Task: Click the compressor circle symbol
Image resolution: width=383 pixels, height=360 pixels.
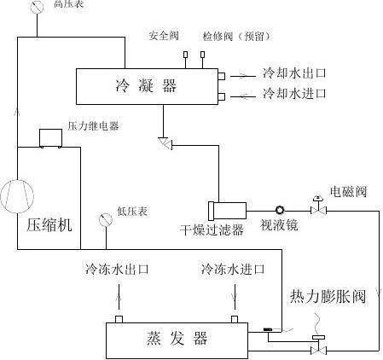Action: (17, 196)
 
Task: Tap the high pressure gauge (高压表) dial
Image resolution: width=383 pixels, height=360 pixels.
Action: (37, 7)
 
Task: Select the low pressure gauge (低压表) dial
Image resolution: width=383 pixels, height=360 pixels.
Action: (106, 220)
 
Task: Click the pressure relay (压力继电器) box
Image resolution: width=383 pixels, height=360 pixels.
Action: (50, 138)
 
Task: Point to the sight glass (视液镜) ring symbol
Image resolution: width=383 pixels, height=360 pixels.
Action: (280, 210)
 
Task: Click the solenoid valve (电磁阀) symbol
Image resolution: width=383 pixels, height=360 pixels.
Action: (318, 206)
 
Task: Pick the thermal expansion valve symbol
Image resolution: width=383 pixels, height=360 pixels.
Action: (318, 345)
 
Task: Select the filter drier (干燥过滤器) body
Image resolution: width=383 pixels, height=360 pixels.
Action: (227, 211)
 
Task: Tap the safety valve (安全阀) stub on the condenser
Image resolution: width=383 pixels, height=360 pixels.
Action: (185, 55)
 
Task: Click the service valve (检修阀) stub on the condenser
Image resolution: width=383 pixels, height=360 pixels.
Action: (202, 55)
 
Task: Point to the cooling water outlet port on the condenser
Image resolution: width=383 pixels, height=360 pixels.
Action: (222, 76)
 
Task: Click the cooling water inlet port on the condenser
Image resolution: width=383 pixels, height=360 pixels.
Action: (222, 96)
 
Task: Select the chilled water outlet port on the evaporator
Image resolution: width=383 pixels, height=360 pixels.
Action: (119, 319)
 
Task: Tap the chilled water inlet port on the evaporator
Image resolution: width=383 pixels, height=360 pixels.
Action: (235, 319)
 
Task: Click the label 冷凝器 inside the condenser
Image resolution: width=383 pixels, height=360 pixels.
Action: (146, 85)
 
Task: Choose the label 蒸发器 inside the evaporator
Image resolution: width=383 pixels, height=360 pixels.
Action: (177, 338)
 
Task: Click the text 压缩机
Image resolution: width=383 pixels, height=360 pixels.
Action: (49, 225)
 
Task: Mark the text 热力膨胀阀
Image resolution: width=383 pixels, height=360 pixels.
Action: (328, 297)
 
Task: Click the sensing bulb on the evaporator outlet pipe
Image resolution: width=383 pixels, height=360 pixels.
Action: (268, 329)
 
